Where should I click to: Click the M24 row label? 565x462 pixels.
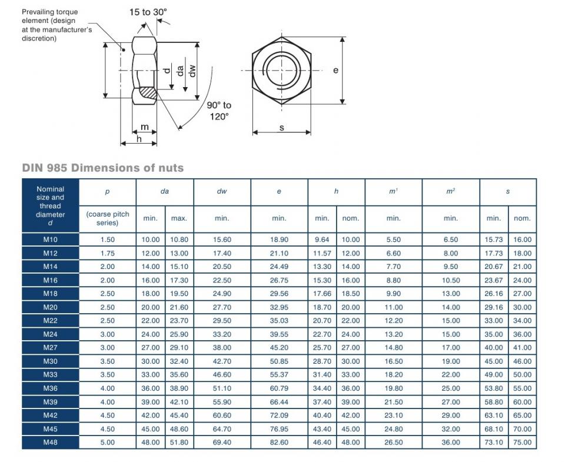point(50,334)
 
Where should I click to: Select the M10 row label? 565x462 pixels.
point(50,240)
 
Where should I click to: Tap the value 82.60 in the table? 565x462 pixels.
point(279,442)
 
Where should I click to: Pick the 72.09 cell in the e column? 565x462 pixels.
point(279,415)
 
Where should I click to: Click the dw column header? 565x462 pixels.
point(222,192)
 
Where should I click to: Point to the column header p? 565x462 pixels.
point(107,192)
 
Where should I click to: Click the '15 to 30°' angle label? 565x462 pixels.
point(149,12)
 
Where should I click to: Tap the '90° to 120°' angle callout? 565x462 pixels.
point(219,111)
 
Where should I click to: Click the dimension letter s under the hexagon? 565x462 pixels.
point(282,127)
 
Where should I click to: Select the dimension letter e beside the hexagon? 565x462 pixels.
point(335,70)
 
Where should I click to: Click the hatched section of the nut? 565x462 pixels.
point(147,92)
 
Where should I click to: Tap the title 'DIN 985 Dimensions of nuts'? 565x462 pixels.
point(103,168)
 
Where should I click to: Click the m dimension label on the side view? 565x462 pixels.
point(144,127)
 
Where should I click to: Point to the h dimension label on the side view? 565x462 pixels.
point(139,139)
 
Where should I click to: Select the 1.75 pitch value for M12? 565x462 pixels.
point(107,253)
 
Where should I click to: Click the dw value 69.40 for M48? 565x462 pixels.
point(222,442)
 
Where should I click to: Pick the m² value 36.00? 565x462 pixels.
point(451,442)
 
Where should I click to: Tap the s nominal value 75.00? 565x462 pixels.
point(522,442)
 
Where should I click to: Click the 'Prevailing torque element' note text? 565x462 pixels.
point(56,25)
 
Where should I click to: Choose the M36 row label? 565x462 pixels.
point(50,388)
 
